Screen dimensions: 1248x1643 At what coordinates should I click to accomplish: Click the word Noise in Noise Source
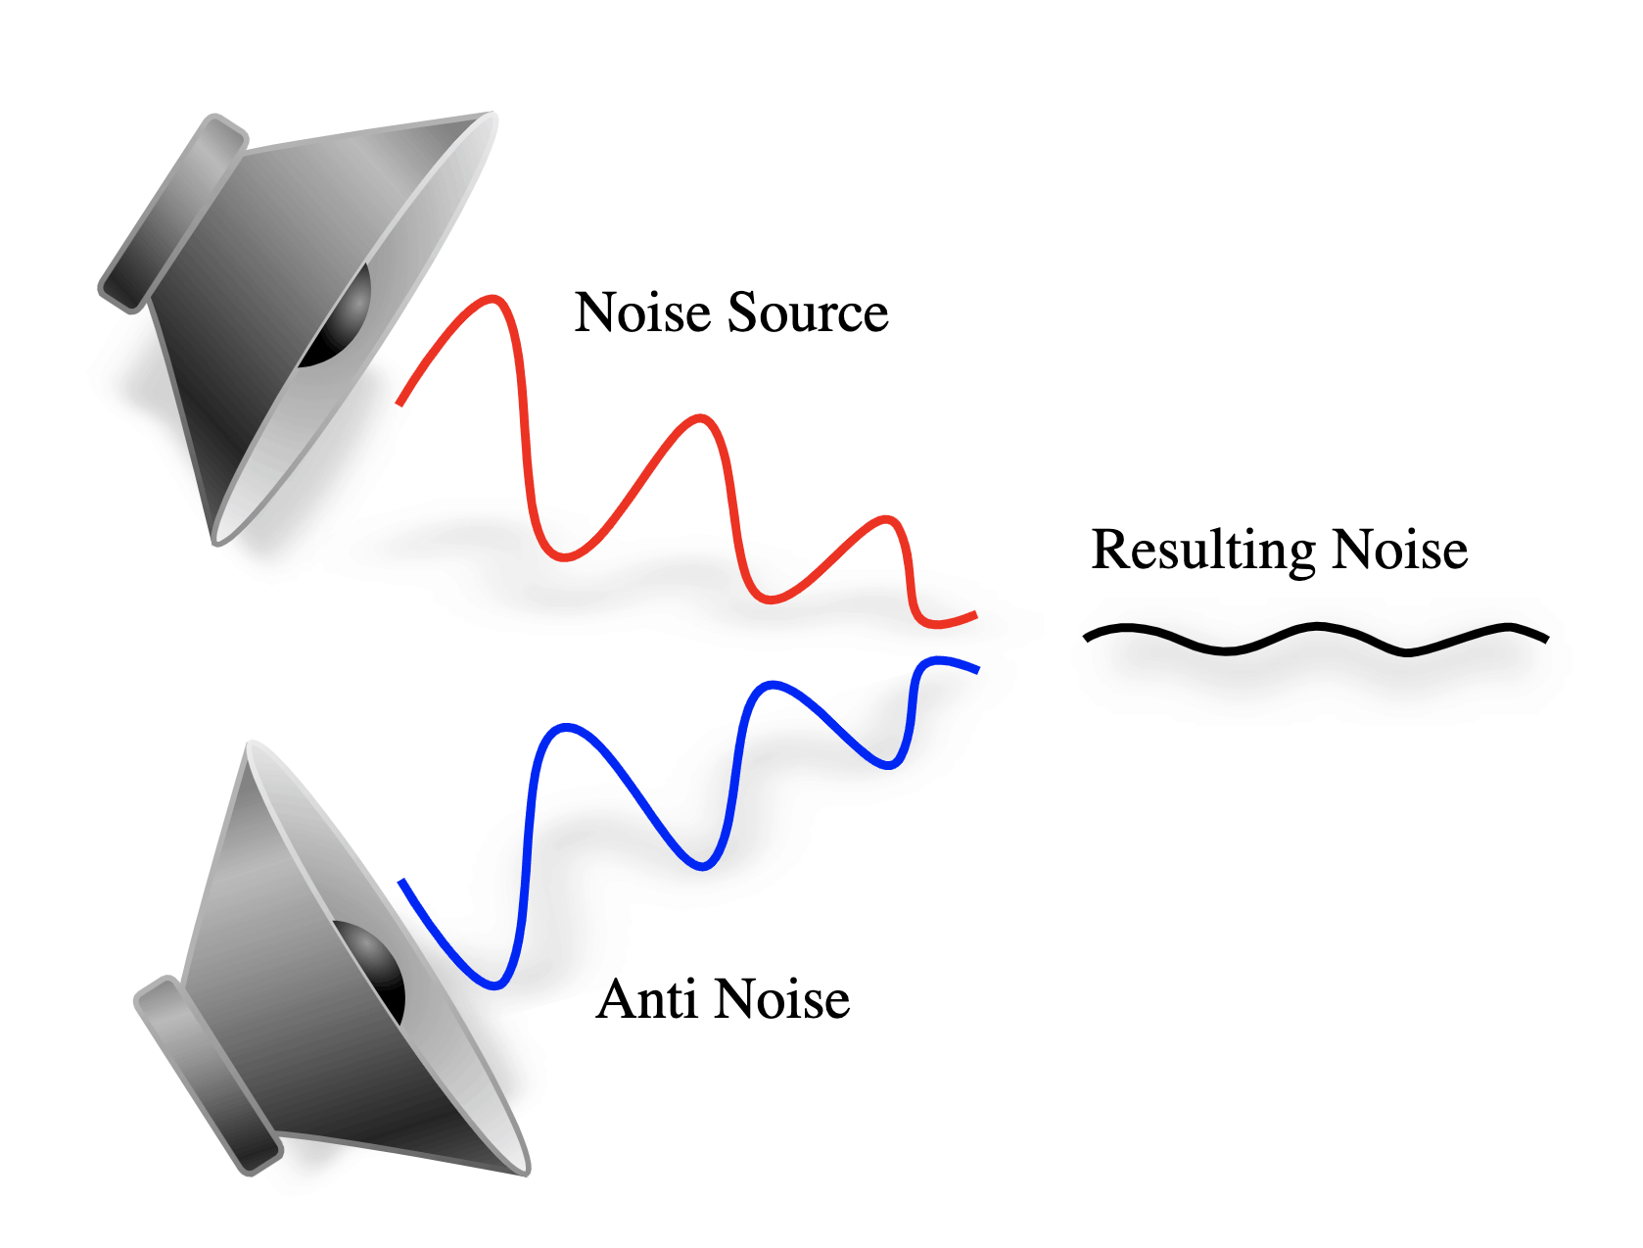point(642,313)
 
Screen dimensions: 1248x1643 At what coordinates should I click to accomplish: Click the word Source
point(808,313)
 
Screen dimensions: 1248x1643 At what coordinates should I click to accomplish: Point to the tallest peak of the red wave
point(493,298)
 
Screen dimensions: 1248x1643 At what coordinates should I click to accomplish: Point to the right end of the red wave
point(974,615)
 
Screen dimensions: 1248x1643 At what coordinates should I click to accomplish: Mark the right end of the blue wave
point(976,669)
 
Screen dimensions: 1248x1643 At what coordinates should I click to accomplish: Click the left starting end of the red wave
point(399,402)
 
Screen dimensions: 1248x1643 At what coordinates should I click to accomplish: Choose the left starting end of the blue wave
point(401,882)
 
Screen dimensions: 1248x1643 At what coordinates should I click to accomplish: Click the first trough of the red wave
point(564,556)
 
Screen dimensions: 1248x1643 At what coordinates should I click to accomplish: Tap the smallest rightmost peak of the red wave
point(885,518)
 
